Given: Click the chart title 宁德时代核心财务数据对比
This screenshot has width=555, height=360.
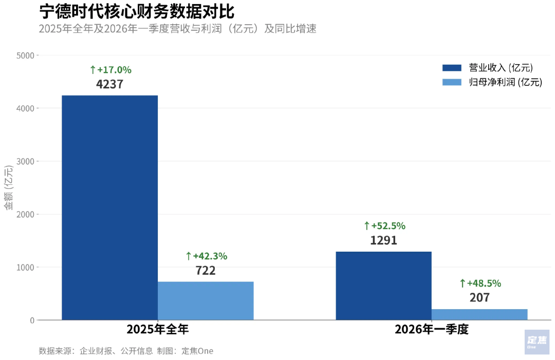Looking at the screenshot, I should pyautogui.click(x=137, y=11).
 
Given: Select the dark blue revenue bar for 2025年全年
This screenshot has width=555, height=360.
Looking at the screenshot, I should pyautogui.click(x=109, y=207).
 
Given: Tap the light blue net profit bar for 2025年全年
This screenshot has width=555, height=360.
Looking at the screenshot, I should pyautogui.click(x=206, y=300).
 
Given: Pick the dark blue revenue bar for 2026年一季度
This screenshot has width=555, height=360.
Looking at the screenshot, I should pyautogui.click(x=383, y=286).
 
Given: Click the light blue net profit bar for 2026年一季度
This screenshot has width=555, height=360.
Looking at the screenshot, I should pyautogui.click(x=479, y=314).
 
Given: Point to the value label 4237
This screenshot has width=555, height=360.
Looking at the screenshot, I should pyautogui.click(x=110, y=84).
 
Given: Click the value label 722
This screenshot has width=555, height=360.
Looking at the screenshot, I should pyautogui.click(x=206, y=271).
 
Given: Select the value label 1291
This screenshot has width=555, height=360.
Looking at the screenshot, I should pyautogui.click(x=384, y=240).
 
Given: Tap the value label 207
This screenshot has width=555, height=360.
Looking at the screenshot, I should pyautogui.click(x=479, y=298).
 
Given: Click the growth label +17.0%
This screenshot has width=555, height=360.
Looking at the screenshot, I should pyautogui.click(x=110, y=70).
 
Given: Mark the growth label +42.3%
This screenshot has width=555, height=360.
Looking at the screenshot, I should pyautogui.click(x=206, y=256).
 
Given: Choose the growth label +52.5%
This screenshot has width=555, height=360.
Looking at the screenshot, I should pyautogui.click(x=384, y=226).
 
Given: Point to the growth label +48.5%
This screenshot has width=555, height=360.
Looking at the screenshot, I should pyautogui.click(x=480, y=283).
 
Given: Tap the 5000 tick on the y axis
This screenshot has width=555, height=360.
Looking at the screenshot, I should pyautogui.click(x=25, y=55).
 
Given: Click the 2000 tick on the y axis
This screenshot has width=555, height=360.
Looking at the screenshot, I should pyautogui.click(x=25, y=214).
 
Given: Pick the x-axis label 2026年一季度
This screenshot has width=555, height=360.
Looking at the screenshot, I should pyautogui.click(x=432, y=330).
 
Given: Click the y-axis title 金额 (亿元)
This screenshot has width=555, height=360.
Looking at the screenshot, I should pyautogui.click(x=9, y=187).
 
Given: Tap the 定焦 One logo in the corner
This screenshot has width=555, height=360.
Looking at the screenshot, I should pyautogui.click(x=537, y=342).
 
